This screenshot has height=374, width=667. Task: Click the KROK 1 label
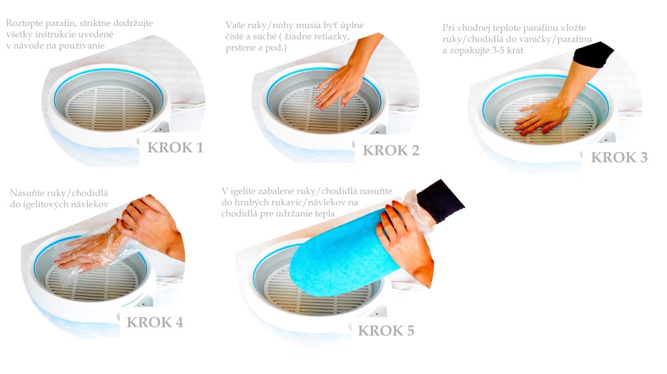[x=175, y=147]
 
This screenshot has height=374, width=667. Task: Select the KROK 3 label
[x=619, y=158]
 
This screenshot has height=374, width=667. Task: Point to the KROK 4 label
[x=155, y=323]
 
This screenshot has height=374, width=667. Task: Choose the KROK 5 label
[x=386, y=331]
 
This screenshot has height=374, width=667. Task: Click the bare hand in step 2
[x=340, y=83]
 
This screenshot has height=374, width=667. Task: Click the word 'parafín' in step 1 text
[x=62, y=23]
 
